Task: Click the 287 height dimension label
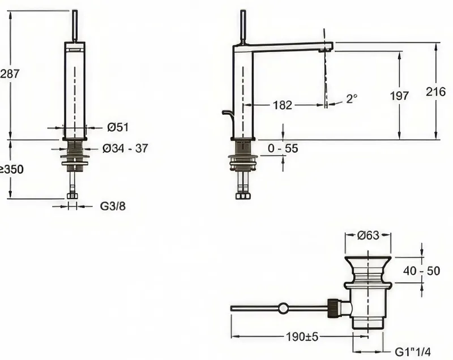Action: [x=10, y=74]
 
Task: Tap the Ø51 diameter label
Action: [x=118, y=127]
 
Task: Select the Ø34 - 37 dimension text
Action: [x=125, y=148]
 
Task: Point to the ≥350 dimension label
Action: [x=11, y=169]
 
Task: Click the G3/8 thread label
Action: [x=113, y=206]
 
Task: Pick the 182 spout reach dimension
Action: [x=282, y=105]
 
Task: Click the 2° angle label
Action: [x=352, y=98]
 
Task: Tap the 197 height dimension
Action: [x=399, y=96]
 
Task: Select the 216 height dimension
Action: [x=435, y=92]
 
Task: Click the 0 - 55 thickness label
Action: [x=283, y=148]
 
